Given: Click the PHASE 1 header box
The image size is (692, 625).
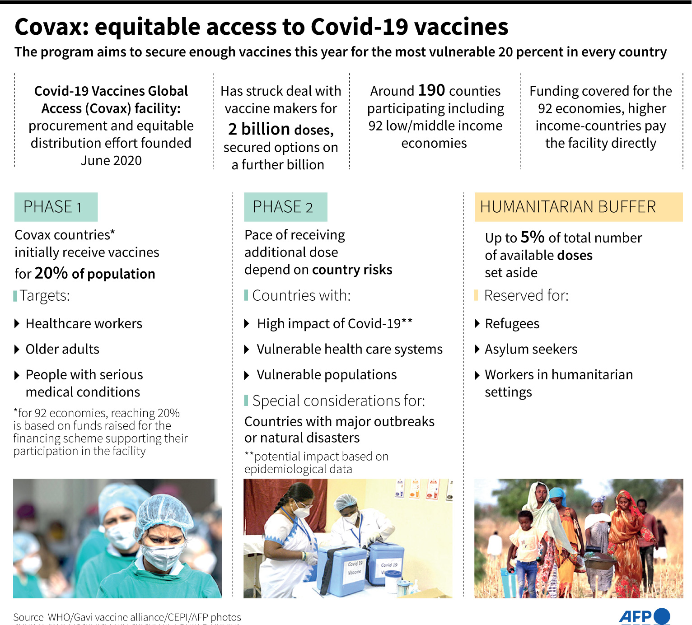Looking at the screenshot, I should point(56,207).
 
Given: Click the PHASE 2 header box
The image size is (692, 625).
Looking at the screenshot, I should point(285,207).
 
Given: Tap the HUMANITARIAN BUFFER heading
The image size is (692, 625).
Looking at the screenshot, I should point(568,207).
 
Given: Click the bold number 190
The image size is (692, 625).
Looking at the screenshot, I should point(431,90).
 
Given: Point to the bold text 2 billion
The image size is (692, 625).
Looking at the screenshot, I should point(259,129).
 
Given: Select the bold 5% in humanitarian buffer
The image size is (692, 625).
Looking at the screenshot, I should point(532,237).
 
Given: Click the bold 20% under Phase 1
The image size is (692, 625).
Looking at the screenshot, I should point(51,273).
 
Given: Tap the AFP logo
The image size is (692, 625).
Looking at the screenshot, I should point(644,616).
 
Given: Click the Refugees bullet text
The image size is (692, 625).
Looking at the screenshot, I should point(512,324).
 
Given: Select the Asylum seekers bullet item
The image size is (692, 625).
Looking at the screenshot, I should point(531,349).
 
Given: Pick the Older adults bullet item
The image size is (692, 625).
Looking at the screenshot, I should point(62,349).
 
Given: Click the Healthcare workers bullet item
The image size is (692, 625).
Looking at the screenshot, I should point(84,324).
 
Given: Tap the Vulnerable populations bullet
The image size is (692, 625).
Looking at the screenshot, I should point(326,375).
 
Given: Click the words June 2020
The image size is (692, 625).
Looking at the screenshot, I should point(111,160).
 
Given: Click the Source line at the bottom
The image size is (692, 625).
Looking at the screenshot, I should point(127,617).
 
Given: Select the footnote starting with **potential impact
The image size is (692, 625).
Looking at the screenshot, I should point(316,462).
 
